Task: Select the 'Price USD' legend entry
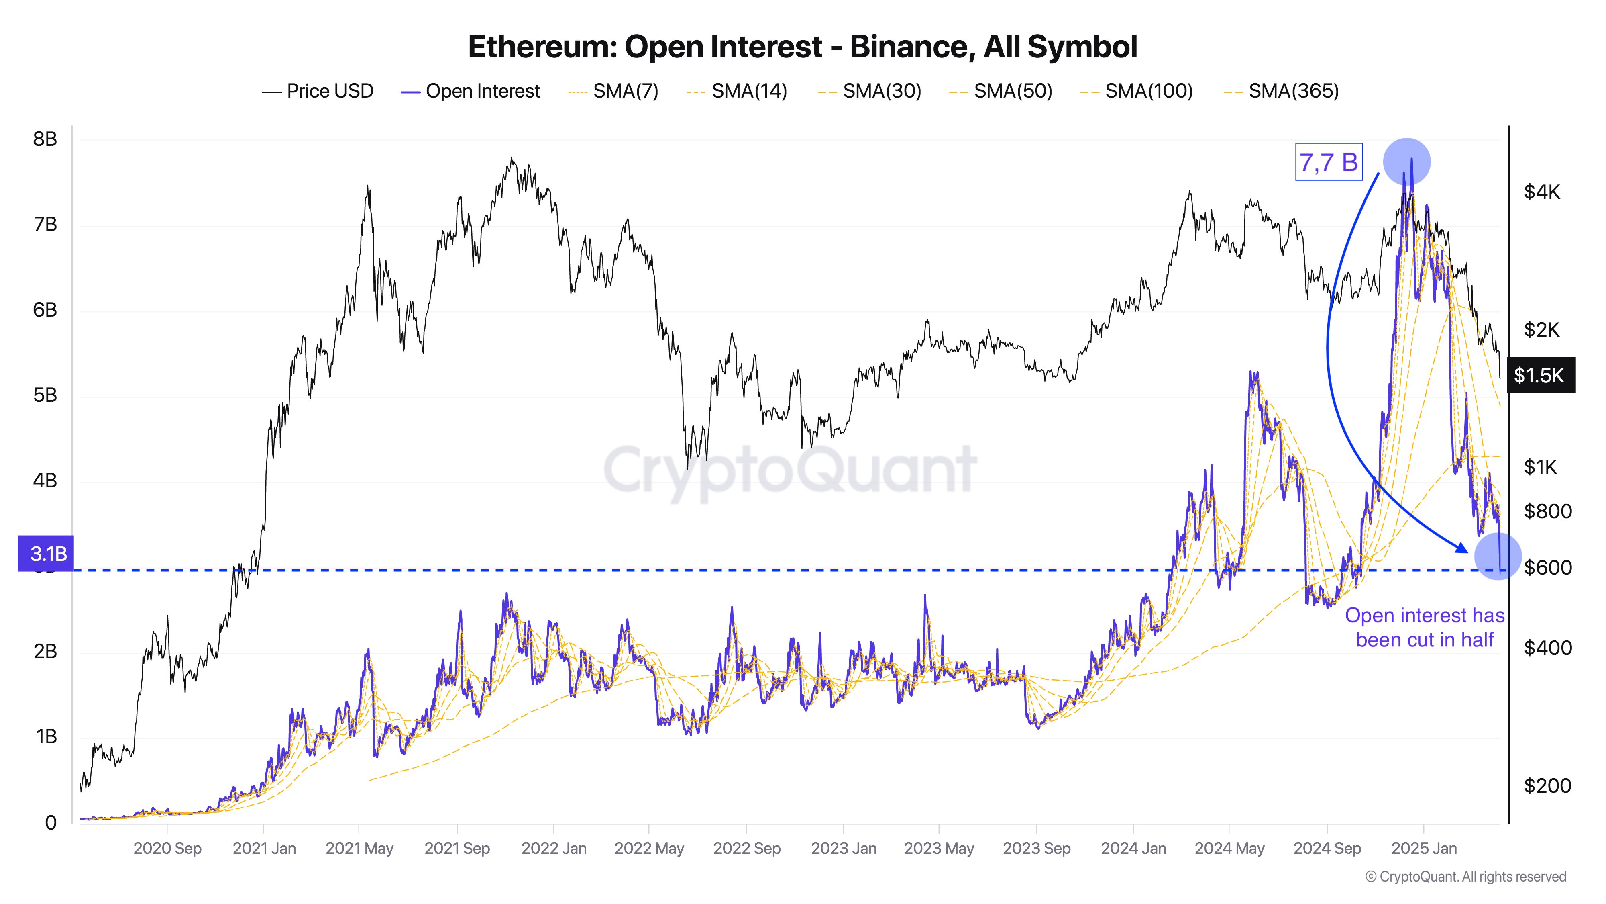tap(318, 91)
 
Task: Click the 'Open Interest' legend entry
tap(471, 91)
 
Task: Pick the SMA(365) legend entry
tap(1282, 91)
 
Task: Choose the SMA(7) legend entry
tap(614, 91)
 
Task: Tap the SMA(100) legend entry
tap(1137, 91)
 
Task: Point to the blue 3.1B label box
tap(46, 553)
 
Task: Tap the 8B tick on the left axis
tap(45, 139)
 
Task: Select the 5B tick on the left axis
tap(45, 395)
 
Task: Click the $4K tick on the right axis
tap(1542, 192)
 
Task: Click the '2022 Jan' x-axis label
tap(554, 849)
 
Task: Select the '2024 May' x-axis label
tap(1229, 849)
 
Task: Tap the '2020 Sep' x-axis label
tap(167, 849)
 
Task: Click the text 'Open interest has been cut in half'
tap(1425, 627)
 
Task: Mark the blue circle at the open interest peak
tap(1406, 161)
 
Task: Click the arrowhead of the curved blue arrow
tap(1462, 548)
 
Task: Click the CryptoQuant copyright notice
tap(1465, 877)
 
